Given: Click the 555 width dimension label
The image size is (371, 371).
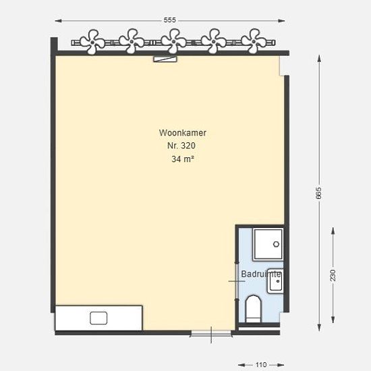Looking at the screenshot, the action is [169, 20].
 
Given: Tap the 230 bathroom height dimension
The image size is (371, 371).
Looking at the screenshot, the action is [333, 275].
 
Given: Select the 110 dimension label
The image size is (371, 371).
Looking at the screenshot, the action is [261, 365].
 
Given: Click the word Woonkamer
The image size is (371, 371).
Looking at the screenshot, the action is [182, 133].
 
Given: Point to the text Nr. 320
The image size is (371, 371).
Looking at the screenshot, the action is [181, 146].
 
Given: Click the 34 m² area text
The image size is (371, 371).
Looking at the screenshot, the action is [183, 159].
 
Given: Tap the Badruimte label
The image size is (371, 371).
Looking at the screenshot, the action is [261, 274].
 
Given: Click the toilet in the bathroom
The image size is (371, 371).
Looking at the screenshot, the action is [253, 309].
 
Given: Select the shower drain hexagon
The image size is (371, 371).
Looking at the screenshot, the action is [276, 244].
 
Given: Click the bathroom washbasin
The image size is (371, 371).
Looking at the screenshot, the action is [275, 281].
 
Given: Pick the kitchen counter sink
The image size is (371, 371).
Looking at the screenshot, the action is [98, 318].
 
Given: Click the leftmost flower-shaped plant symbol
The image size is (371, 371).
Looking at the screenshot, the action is [92, 42].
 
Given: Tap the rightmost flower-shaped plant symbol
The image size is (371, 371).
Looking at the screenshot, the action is [254, 41].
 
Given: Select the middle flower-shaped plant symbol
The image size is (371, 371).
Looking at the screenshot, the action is [174, 41].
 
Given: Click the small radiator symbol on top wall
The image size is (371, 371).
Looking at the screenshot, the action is [165, 59].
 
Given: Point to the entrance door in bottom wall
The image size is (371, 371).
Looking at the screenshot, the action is [211, 334].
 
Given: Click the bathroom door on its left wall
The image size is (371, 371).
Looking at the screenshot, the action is [237, 281].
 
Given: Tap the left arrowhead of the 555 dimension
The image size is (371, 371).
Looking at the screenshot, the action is [58, 21].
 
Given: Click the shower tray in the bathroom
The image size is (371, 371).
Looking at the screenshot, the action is [268, 244].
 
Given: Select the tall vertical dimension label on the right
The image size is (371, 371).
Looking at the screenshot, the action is [319, 193].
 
